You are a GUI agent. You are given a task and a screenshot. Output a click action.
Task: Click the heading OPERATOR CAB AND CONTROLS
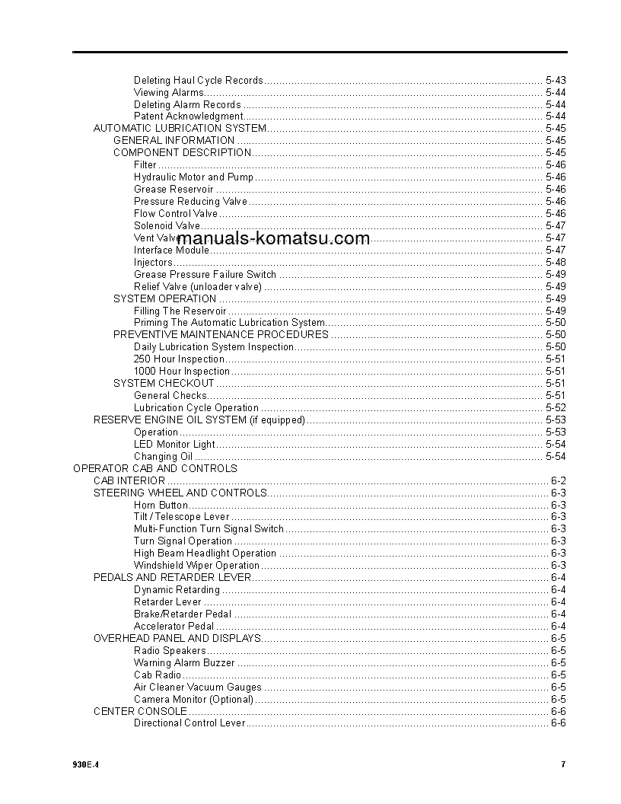click(x=154, y=468)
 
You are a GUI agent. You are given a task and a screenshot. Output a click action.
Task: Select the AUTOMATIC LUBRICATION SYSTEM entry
click(x=180, y=128)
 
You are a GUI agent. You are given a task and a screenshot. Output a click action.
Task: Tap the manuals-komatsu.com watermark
click(x=273, y=238)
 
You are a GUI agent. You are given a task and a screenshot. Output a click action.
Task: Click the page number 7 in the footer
click(x=563, y=764)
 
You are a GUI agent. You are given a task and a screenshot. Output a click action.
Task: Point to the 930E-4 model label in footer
click(x=86, y=764)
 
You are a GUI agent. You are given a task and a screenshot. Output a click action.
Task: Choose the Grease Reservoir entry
click(x=174, y=189)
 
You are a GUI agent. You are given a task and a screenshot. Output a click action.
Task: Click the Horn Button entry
click(x=161, y=505)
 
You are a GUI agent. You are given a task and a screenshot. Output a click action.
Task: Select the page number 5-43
click(x=556, y=80)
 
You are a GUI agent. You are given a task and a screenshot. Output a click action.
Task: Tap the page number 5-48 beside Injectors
click(x=556, y=262)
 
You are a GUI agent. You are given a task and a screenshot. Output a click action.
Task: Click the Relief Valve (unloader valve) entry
click(x=198, y=286)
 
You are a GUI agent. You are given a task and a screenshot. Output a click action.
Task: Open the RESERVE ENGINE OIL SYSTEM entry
click(x=199, y=420)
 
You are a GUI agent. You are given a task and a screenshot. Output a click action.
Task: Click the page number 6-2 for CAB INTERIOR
click(x=558, y=480)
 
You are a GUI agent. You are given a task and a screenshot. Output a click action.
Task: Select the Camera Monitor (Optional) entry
click(x=193, y=699)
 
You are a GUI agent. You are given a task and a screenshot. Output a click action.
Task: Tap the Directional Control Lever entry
click(x=189, y=723)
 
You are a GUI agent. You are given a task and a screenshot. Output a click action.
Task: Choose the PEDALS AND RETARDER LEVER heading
click(x=172, y=577)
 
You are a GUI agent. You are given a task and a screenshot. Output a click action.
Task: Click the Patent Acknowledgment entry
click(x=188, y=116)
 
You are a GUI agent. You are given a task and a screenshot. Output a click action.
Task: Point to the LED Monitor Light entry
click(x=174, y=444)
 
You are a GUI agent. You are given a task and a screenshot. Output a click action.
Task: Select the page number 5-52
click(x=556, y=407)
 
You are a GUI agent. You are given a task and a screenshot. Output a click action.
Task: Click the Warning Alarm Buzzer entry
click(x=184, y=662)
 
